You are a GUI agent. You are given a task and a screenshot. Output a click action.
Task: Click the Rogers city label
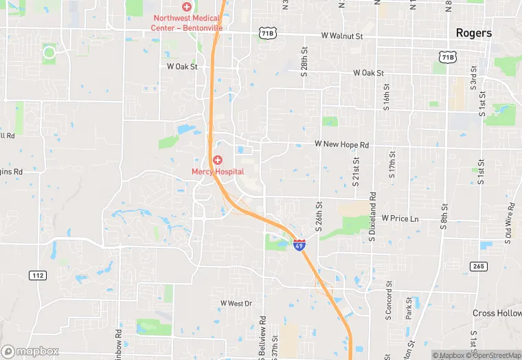point(474,33)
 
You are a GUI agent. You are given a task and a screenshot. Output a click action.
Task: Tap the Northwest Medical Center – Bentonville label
point(186,22)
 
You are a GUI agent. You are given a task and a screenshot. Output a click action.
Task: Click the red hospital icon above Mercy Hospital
point(217,160)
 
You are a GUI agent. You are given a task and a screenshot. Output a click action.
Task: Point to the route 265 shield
point(479,266)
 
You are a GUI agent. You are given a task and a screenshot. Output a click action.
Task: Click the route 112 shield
point(38,275)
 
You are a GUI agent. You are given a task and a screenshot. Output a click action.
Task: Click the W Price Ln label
point(400,218)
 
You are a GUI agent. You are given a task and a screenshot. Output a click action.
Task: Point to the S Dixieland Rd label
point(372,210)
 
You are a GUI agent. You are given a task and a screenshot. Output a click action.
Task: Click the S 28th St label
point(304,67)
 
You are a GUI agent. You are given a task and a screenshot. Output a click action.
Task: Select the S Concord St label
point(389,301)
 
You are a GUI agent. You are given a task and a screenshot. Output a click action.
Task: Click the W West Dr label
point(236,303)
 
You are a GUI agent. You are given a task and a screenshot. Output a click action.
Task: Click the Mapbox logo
point(30,351)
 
